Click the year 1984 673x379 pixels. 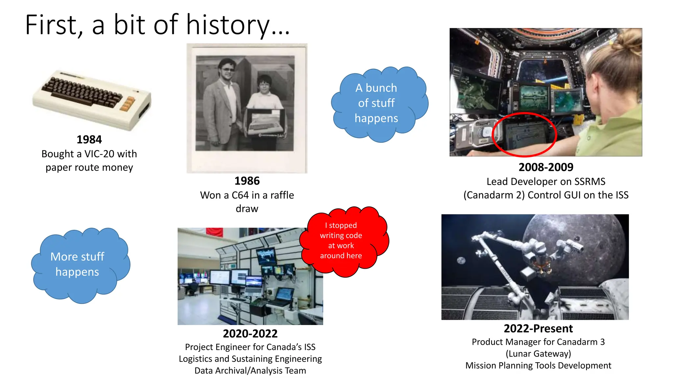click(89, 139)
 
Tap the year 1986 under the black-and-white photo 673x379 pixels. click(247, 181)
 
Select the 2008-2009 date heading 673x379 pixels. click(545, 167)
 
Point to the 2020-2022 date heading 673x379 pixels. click(250, 333)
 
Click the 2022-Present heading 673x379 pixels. click(538, 328)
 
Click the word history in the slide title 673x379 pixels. click(228, 25)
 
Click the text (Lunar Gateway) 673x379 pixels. click(538, 354)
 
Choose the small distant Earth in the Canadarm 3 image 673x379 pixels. click(461, 260)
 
